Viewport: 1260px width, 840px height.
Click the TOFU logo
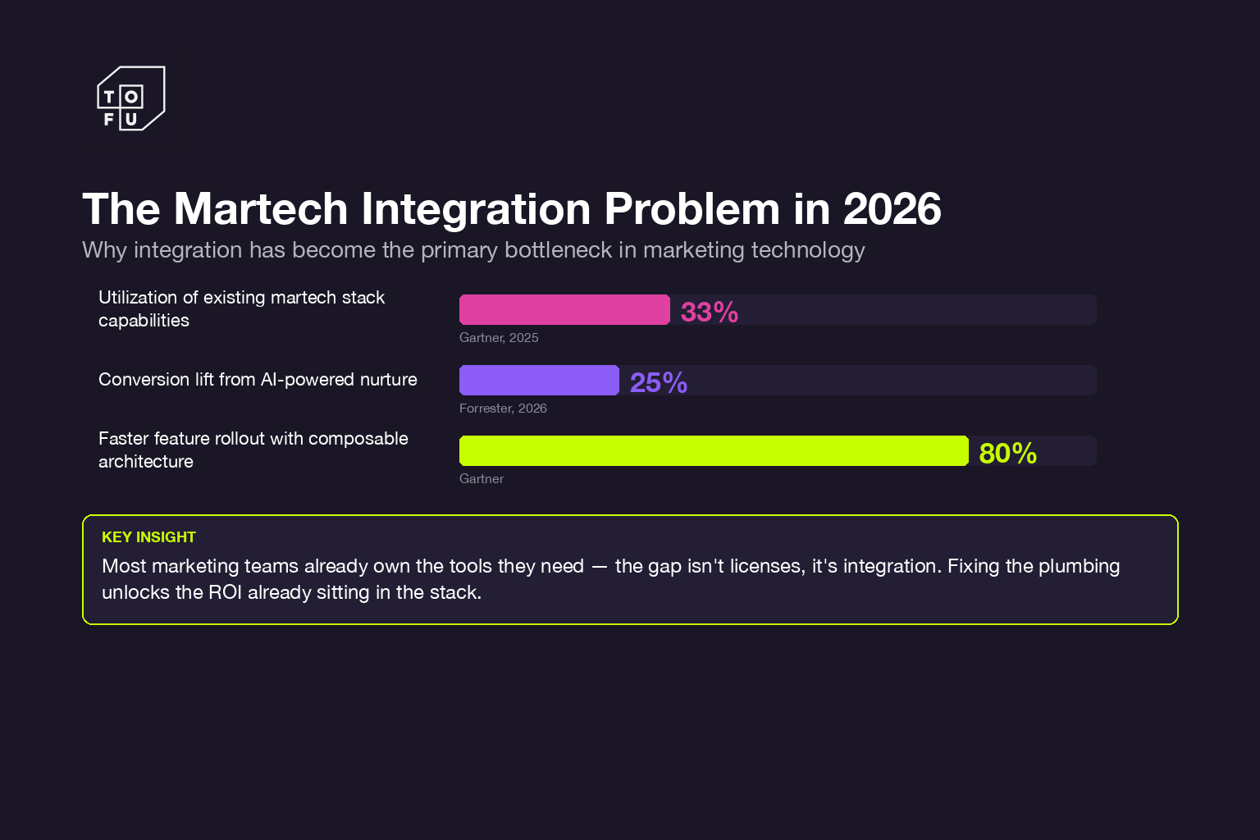tap(131, 98)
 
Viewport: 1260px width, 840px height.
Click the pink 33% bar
tap(564, 310)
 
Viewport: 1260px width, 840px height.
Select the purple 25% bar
tap(539, 381)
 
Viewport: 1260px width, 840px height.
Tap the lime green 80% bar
tap(714, 451)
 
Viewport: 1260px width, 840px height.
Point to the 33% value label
tap(710, 313)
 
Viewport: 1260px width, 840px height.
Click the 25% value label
tap(658, 383)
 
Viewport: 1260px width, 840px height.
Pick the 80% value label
tap(1007, 454)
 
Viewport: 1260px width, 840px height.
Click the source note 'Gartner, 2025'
tap(499, 338)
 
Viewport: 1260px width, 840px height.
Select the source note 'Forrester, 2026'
tap(503, 409)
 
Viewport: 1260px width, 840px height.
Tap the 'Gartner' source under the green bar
tap(482, 479)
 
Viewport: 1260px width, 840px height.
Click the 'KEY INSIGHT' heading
tap(148, 537)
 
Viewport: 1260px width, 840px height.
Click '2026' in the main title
tap(892, 209)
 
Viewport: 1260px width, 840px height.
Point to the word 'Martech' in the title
tap(261, 209)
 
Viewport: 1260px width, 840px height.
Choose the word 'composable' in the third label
tap(358, 439)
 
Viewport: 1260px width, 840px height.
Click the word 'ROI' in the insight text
tap(225, 592)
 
